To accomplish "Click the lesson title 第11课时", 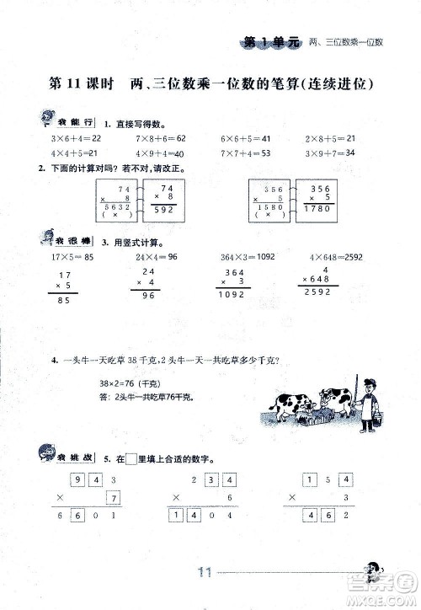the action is pyautogui.click(x=82, y=84).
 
